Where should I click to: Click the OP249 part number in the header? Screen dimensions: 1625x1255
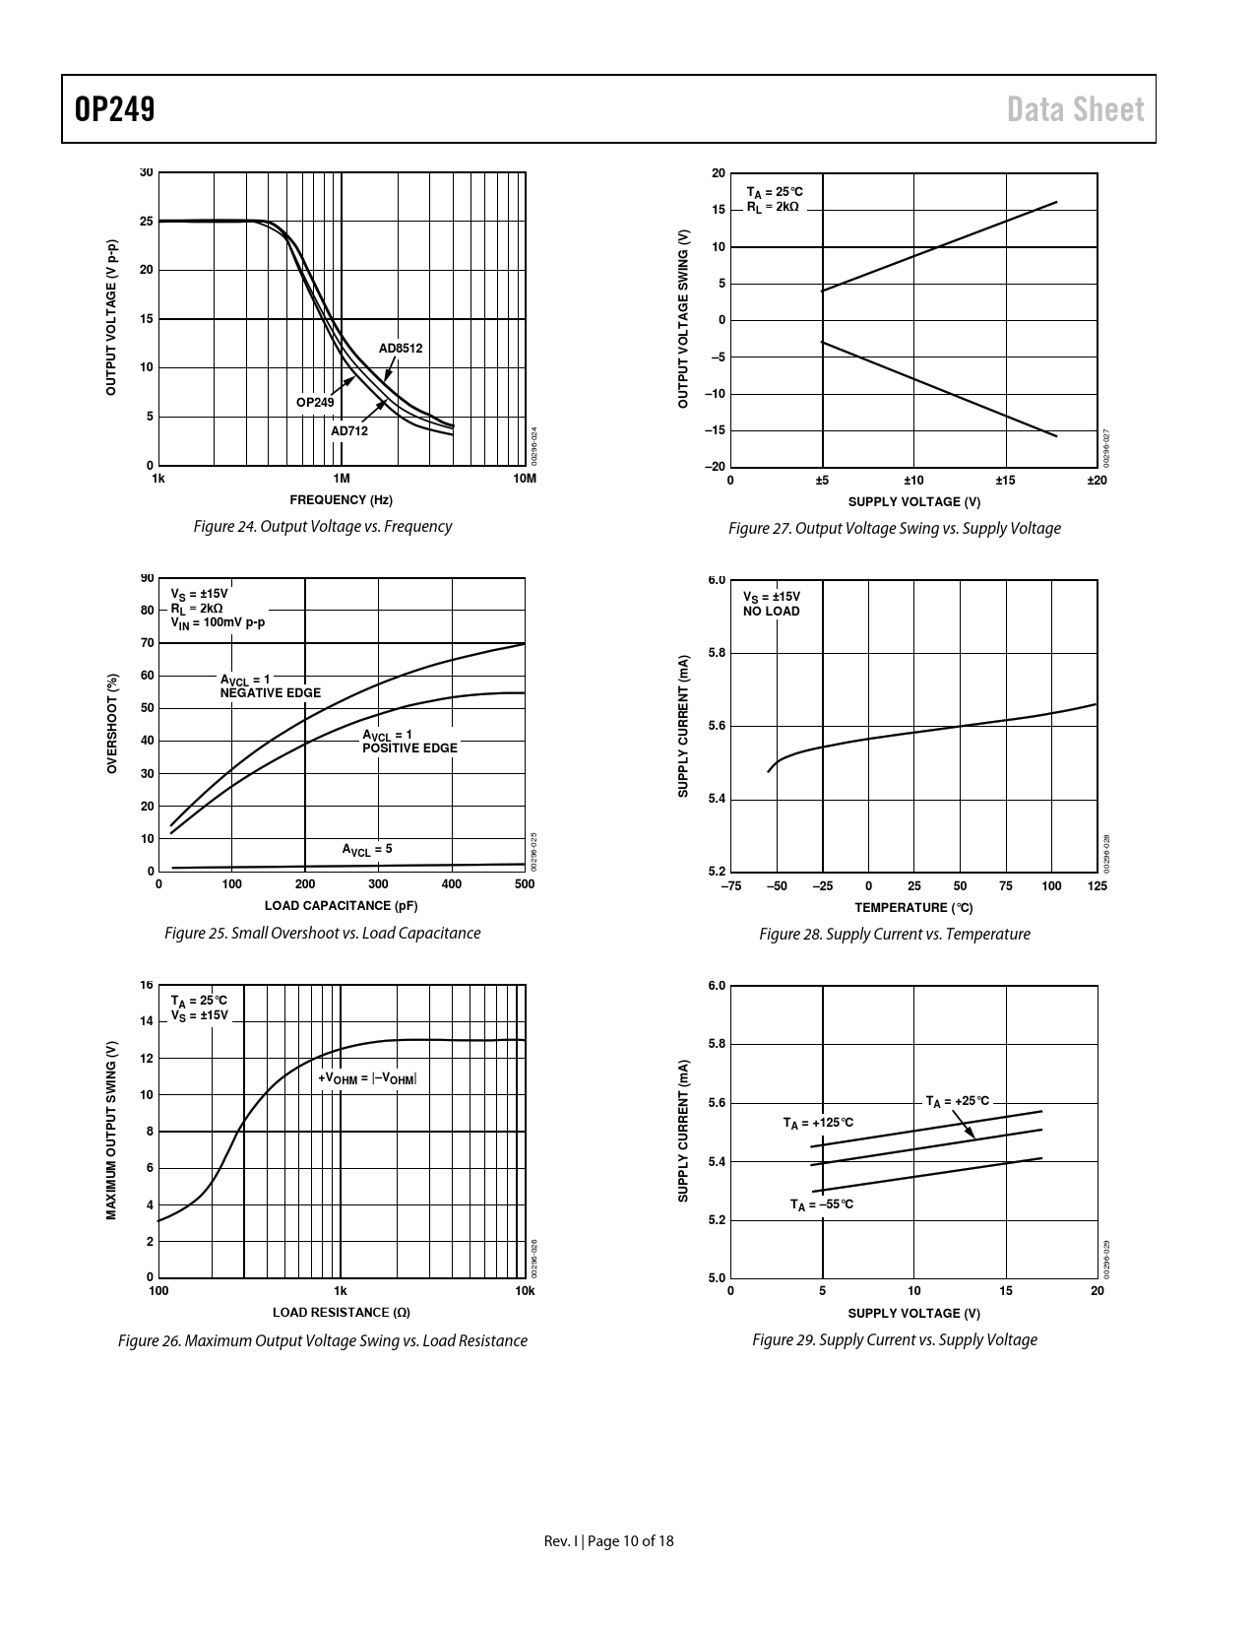click(x=114, y=109)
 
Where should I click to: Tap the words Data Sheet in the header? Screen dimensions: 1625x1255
click(x=1076, y=109)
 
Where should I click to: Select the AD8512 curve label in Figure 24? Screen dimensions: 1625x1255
click(x=401, y=349)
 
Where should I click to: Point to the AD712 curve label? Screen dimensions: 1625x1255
click(x=349, y=431)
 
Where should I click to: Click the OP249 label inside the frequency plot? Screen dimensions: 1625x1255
click(x=315, y=403)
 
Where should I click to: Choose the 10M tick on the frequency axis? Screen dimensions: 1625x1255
click(x=525, y=480)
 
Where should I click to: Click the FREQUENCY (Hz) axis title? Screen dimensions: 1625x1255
click(x=341, y=500)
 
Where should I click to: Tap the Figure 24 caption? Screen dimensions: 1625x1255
click(x=323, y=527)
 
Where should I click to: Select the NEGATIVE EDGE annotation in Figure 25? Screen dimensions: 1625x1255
click(x=271, y=693)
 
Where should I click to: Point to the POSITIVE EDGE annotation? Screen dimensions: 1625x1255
click(x=409, y=748)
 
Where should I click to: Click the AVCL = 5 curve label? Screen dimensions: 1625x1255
click(x=367, y=849)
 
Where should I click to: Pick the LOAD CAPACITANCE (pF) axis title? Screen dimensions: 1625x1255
click(x=341, y=906)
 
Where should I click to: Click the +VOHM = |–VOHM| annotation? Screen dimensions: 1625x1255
click(x=367, y=1079)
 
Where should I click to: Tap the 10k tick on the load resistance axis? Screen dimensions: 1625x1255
click(x=525, y=1291)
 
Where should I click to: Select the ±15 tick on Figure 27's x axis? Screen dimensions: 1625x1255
click(x=1005, y=481)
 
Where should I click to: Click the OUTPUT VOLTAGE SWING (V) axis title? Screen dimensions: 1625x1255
click(x=683, y=319)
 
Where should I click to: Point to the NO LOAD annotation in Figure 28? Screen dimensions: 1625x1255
click(x=772, y=612)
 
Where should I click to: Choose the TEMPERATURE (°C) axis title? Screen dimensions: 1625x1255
click(x=913, y=907)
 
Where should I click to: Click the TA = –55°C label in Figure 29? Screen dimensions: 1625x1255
click(x=822, y=1204)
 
